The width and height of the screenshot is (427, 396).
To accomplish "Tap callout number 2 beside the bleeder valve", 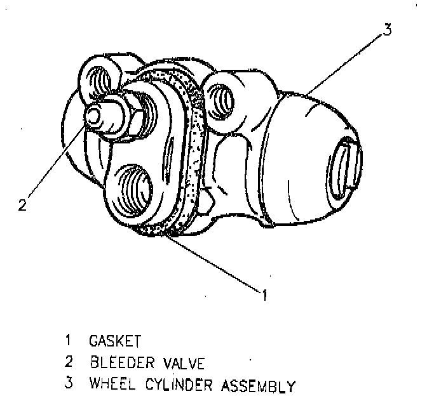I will (x=22, y=205).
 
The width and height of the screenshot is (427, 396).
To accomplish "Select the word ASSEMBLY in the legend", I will (x=258, y=385).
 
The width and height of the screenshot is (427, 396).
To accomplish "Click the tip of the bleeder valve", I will (x=93, y=115).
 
